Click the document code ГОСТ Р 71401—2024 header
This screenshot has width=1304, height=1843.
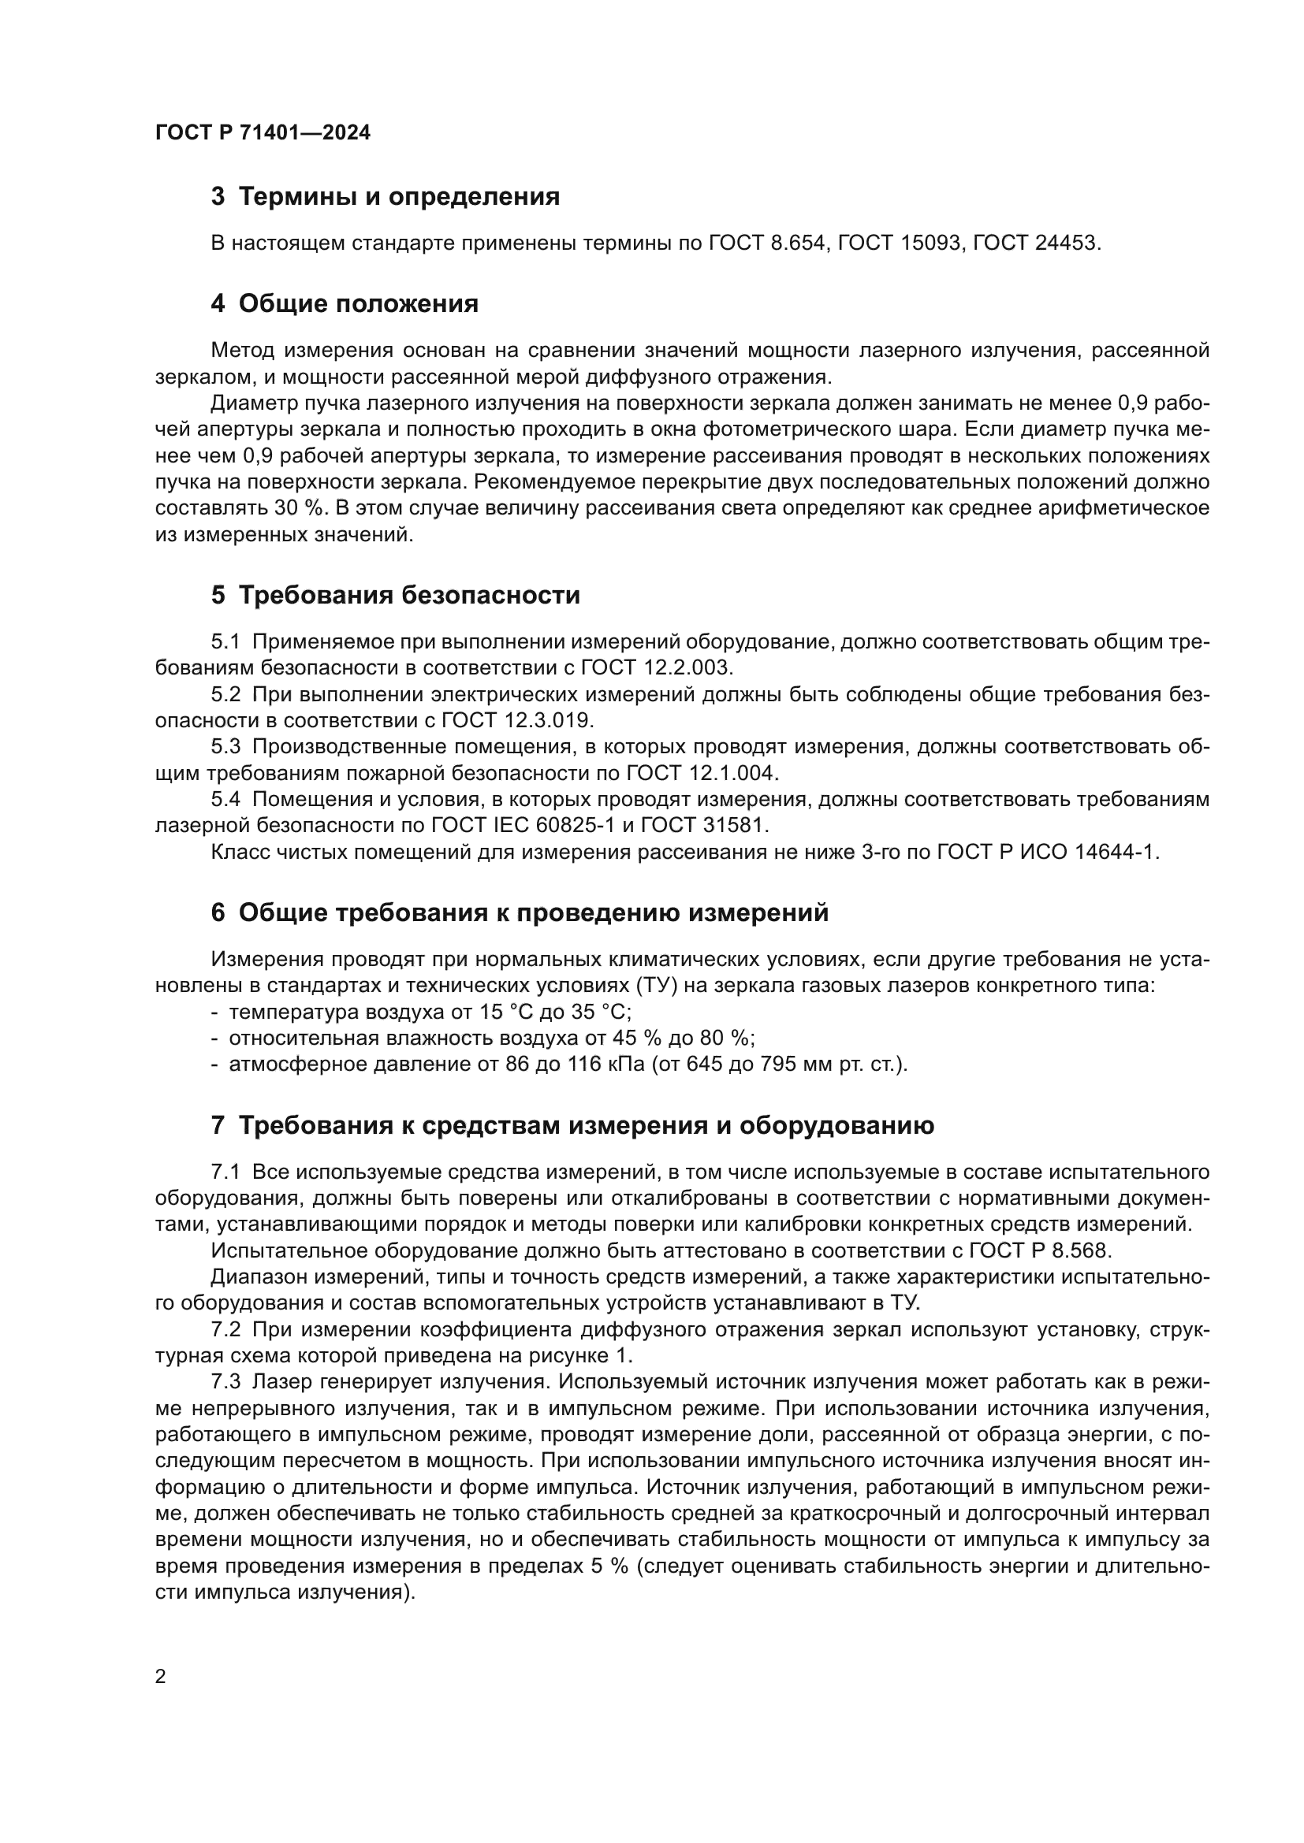(263, 133)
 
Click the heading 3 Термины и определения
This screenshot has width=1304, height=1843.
(386, 197)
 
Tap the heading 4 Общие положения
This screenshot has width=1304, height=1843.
(345, 303)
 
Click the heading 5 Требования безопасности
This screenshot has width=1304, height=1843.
(395, 595)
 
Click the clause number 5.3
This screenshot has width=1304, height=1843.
(225, 746)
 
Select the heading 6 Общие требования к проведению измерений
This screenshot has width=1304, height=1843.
(520, 912)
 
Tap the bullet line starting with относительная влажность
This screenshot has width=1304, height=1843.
(482, 1038)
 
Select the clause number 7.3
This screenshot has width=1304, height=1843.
(225, 1381)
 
